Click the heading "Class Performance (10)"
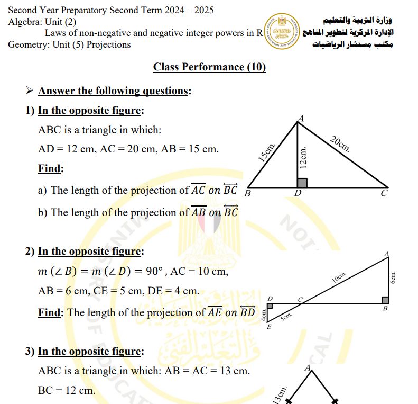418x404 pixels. pyautogui.click(x=209, y=67)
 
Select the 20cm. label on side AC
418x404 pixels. pyautogui.click(x=339, y=144)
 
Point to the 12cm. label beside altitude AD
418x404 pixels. pyautogui.click(x=303, y=158)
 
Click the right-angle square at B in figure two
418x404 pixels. pyautogui.click(x=385, y=300)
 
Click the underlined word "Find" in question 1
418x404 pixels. pyautogui.click(x=50, y=169)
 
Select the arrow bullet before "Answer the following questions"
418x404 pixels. pyautogui.click(x=30, y=91)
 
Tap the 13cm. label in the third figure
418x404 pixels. pyautogui.click(x=281, y=395)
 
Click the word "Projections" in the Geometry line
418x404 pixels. pyautogui.click(x=108, y=44)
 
